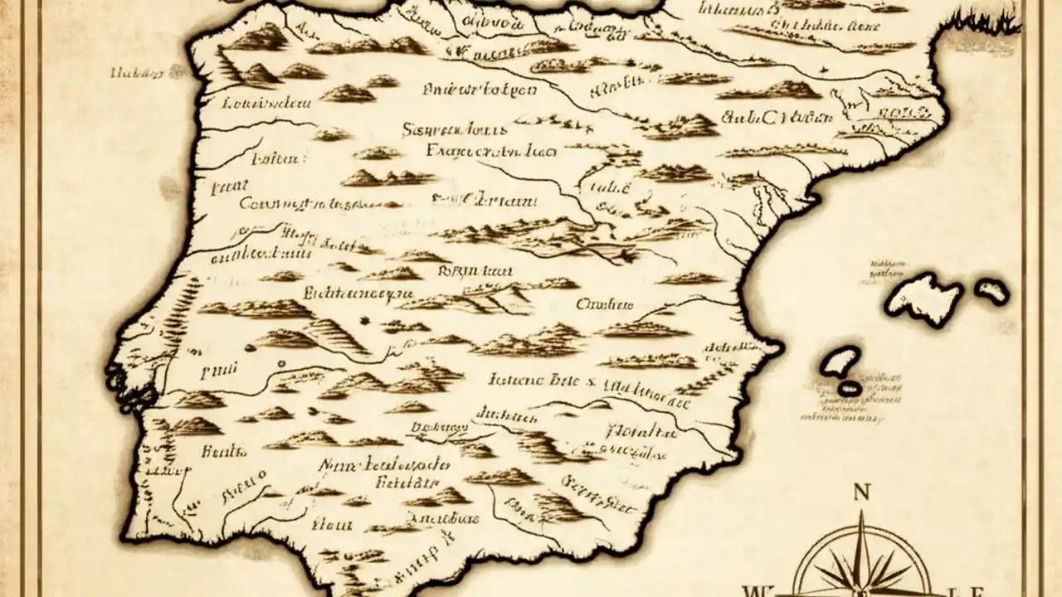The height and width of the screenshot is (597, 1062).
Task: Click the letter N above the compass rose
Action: [861, 492]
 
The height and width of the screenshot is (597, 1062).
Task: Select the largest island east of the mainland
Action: [923, 296]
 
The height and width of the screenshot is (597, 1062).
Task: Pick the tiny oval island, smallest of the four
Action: [849, 387]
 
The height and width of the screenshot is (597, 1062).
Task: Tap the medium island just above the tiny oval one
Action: [840, 362]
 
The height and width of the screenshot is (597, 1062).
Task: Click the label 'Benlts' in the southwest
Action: [224, 451]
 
